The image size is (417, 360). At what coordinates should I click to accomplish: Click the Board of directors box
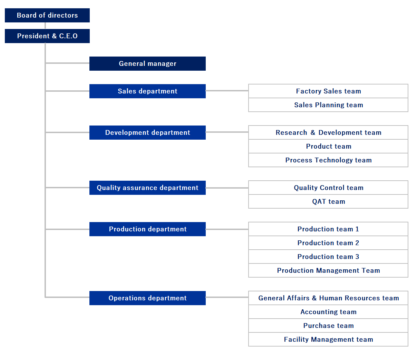tap(47, 15)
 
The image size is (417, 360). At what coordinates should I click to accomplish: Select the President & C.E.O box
tap(47, 36)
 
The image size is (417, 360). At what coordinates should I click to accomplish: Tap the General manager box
tap(147, 63)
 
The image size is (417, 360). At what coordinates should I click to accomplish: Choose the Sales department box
tap(147, 91)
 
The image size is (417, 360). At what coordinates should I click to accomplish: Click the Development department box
tap(147, 132)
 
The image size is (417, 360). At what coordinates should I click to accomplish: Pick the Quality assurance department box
tap(147, 188)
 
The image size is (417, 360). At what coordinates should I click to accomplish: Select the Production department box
tap(147, 229)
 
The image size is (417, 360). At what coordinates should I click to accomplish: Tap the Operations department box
tap(147, 298)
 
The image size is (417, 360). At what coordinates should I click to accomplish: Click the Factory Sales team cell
tap(328, 91)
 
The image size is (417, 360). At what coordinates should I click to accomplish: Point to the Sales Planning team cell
tap(328, 105)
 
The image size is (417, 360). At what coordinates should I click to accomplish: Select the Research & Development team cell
tap(328, 132)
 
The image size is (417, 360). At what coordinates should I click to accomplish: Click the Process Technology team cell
tap(328, 160)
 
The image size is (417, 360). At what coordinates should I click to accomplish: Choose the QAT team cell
tap(328, 201)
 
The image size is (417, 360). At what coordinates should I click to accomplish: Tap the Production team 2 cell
tap(328, 243)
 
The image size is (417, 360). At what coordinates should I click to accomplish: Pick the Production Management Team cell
tap(328, 270)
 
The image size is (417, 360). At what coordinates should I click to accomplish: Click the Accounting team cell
tap(328, 312)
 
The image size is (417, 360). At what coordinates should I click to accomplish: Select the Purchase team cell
tap(328, 326)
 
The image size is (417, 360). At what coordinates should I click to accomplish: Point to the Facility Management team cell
tap(328, 339)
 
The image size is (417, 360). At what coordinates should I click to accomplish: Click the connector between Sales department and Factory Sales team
tap(227, 91)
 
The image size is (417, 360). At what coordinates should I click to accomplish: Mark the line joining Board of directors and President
tap(45, 26)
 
